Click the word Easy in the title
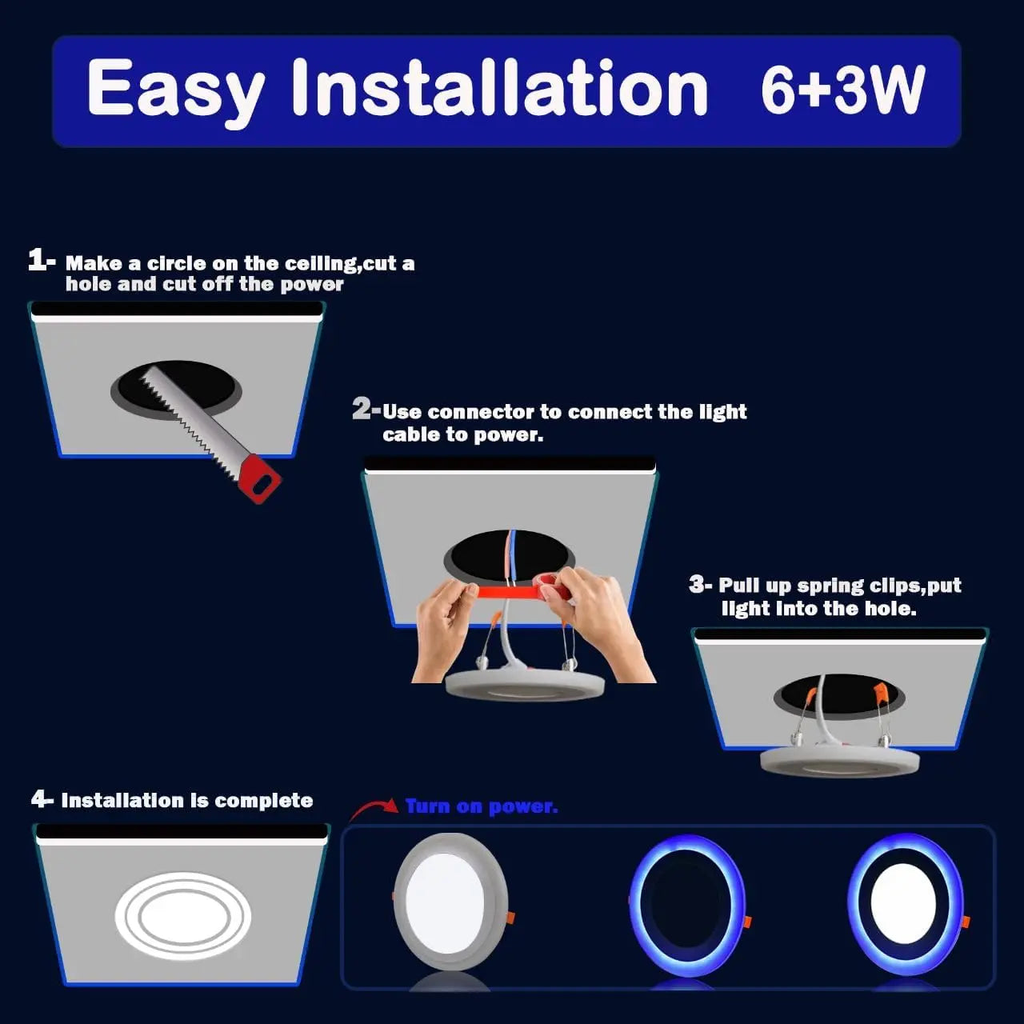[x=175, y=90]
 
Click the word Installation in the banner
[x=499, y=88]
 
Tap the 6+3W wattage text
[x=842, y=90]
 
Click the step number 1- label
[x=42, y=260]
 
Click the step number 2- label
[x=366, y=410]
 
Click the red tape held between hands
[x=512, y=592]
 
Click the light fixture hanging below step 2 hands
[x=525, y=686]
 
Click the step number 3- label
[x=700, y=585]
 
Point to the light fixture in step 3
[x=839, y=759]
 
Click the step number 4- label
[x=42, y=799]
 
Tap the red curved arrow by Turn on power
[x=373, y=809]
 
